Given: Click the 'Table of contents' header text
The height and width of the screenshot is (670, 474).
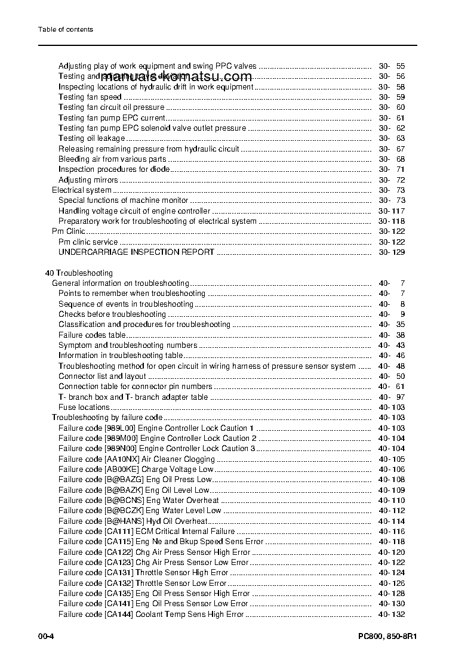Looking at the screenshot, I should point(66,29).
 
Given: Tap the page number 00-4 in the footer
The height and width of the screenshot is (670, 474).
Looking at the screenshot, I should point(47,636).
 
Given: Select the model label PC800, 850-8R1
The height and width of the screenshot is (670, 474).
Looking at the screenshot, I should point(383,636).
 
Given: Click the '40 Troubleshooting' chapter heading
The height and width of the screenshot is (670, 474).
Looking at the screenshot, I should point(79,273).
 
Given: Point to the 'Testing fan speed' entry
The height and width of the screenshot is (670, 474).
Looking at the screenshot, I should point(90,97).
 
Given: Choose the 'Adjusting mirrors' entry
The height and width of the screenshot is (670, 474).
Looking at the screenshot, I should point(88,180).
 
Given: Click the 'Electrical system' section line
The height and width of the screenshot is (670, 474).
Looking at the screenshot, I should point(81,190).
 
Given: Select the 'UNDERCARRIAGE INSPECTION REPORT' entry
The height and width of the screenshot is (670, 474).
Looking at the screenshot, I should point(136,252).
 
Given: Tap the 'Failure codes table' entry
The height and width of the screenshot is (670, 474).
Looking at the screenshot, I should point(92,335).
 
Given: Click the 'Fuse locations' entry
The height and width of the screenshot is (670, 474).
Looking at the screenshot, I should point(84,407).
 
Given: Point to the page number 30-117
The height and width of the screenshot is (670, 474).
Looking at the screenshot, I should point(392,211).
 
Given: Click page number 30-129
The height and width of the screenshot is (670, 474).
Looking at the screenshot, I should point(392,252).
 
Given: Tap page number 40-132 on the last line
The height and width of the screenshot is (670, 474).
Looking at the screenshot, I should point(392,614).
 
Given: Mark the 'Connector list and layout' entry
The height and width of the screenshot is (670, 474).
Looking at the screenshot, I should point(102,376).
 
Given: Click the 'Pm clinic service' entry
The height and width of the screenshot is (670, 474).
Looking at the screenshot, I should point(88,242).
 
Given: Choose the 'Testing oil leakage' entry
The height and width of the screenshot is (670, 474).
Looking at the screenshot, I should point(91,138).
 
